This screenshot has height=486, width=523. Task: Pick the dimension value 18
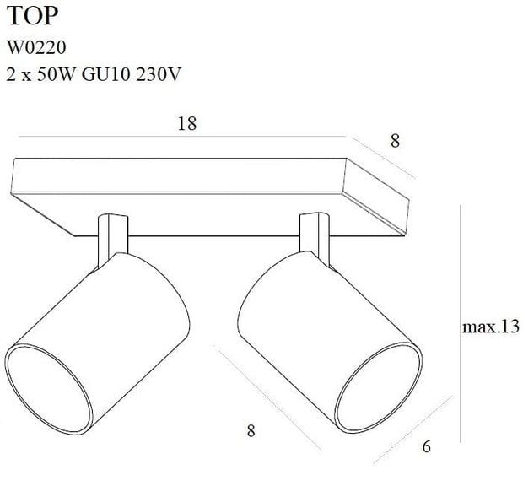[x=187, y=124]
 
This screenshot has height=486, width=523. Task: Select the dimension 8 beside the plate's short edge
[x=394, y=142]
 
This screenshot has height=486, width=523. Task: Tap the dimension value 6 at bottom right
[x=426, y=446]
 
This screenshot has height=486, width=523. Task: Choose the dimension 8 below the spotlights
[x=251, y=431]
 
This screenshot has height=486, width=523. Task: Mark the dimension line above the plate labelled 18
[x=181, y=137]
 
